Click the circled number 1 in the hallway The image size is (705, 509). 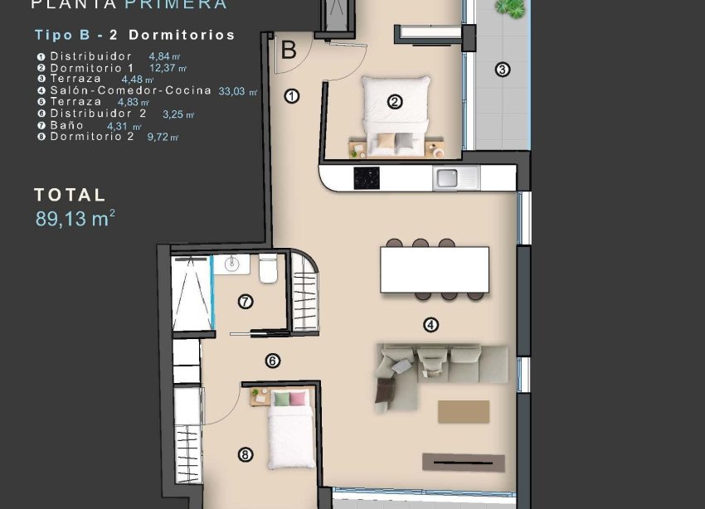coord(291,96)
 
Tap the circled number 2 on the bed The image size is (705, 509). coord(395,102)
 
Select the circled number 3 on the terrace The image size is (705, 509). coord(502,70)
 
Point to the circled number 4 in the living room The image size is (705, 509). coord(430,325)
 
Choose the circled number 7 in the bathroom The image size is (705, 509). coord(246,302)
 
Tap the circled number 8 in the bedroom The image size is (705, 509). coord(245,454)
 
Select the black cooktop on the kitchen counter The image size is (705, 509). coord(367,177)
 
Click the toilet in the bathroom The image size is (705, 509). coord(268,270)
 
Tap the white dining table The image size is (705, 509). coord(434,269)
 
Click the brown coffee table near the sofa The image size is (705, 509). coord(464,411)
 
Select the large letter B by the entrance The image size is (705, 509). coord(289,51)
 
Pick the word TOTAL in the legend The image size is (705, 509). coord(70,196)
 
